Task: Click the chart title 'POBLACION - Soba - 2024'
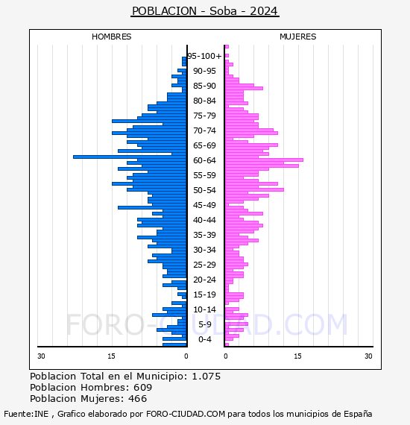click(205, 11)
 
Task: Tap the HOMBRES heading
click(111, 37)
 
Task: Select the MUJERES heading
click(298, 37)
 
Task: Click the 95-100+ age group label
click(204, 56)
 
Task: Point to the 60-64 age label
click(204, 160)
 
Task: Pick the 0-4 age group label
click(204, 339)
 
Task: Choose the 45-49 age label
click(204, 205)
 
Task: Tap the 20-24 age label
click(204, 280)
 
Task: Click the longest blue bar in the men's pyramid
click(130, 157)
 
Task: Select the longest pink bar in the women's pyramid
click(264, 160)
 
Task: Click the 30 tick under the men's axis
click(41, 356)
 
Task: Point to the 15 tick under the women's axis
click(297, 356)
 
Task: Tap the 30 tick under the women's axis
click(368, 356)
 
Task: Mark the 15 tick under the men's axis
click(111, 356)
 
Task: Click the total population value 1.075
click(206, 377)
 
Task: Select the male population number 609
click(143, 388)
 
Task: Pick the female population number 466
click(138, 399)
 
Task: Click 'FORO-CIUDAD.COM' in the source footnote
click(186, 414)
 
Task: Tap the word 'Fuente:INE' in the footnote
click(26, 414)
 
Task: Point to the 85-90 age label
click(204, 86)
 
